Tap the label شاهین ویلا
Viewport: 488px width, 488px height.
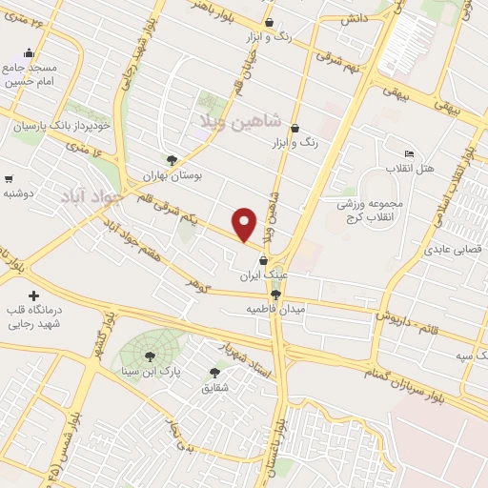238,122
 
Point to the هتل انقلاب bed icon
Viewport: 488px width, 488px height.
409,153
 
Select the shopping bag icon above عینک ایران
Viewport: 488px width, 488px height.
277,259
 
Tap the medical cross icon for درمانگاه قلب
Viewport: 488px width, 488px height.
34,296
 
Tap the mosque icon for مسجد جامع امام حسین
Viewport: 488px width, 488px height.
29,53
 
